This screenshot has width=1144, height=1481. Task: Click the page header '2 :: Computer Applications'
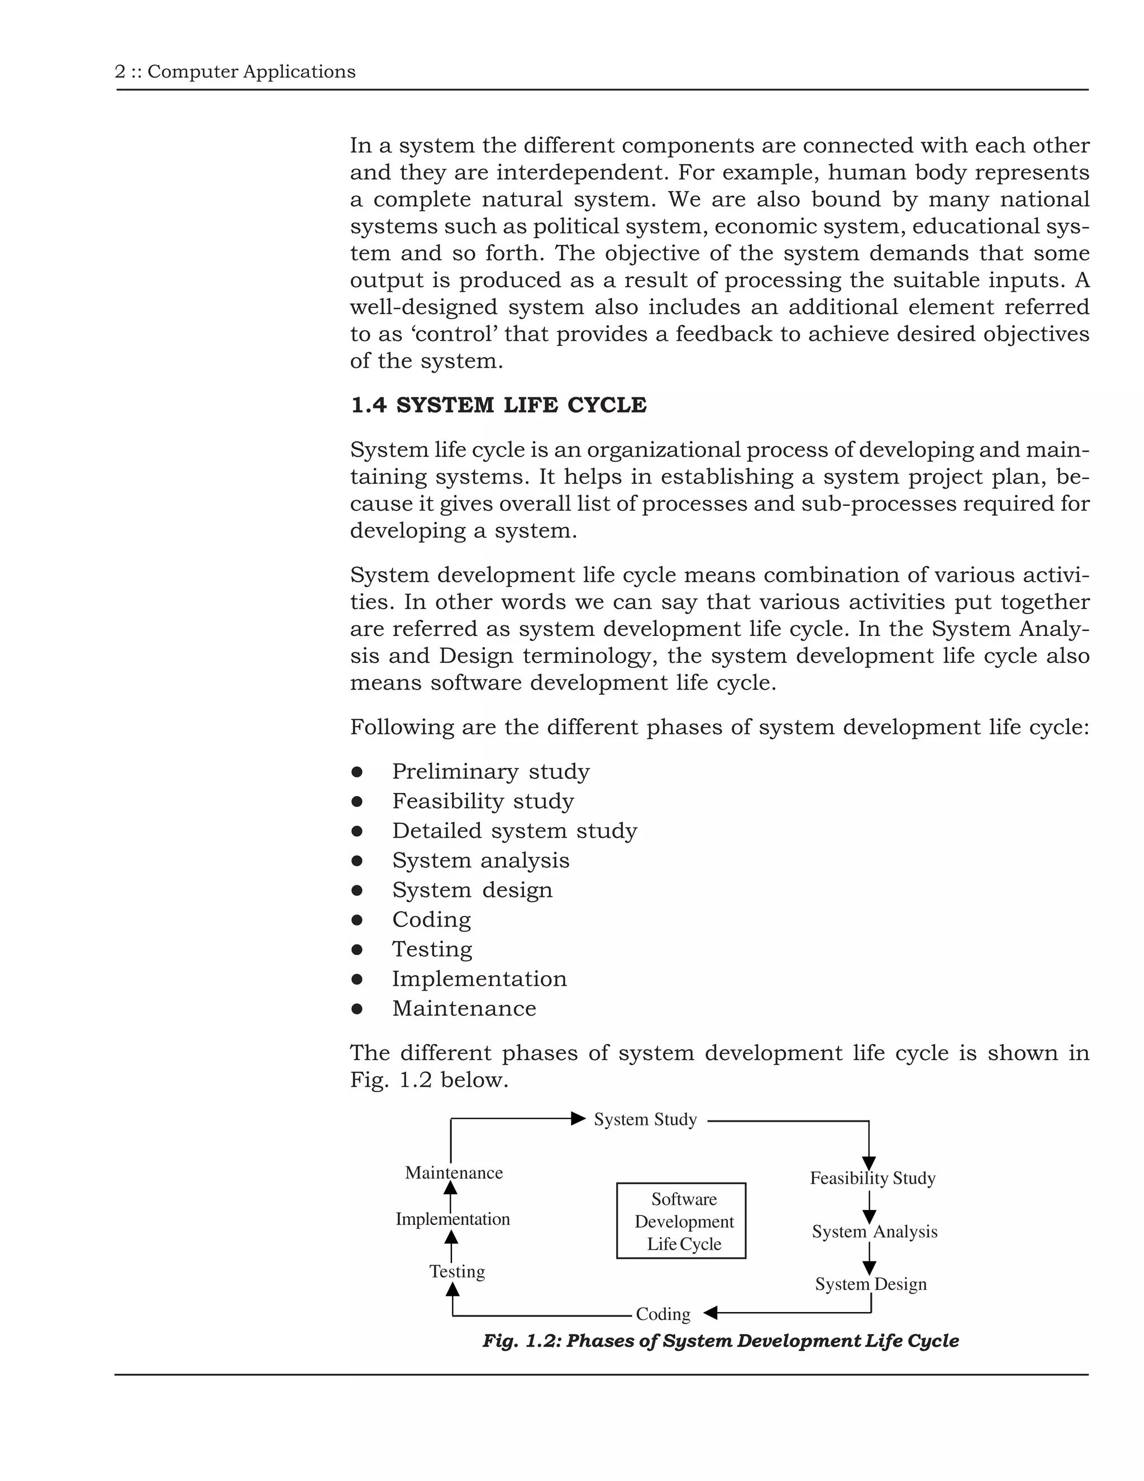coord(235,72)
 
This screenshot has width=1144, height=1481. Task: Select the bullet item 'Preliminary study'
coord(490,771)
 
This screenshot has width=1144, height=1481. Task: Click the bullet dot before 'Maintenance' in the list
coord(357,1008)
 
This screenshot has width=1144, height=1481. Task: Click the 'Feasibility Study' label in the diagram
coord(871,1178)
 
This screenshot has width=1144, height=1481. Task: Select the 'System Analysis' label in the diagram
coord(874,1231)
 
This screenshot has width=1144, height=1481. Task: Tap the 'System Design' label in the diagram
coord(870,1284)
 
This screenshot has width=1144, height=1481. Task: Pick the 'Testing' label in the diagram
coord(457,1271)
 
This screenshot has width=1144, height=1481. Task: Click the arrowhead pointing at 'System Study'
coord(578,1118)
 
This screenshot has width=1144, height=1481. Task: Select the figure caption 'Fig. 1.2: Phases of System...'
coord(719,1341)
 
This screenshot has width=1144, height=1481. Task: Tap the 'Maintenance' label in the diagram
coord(454,1173)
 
